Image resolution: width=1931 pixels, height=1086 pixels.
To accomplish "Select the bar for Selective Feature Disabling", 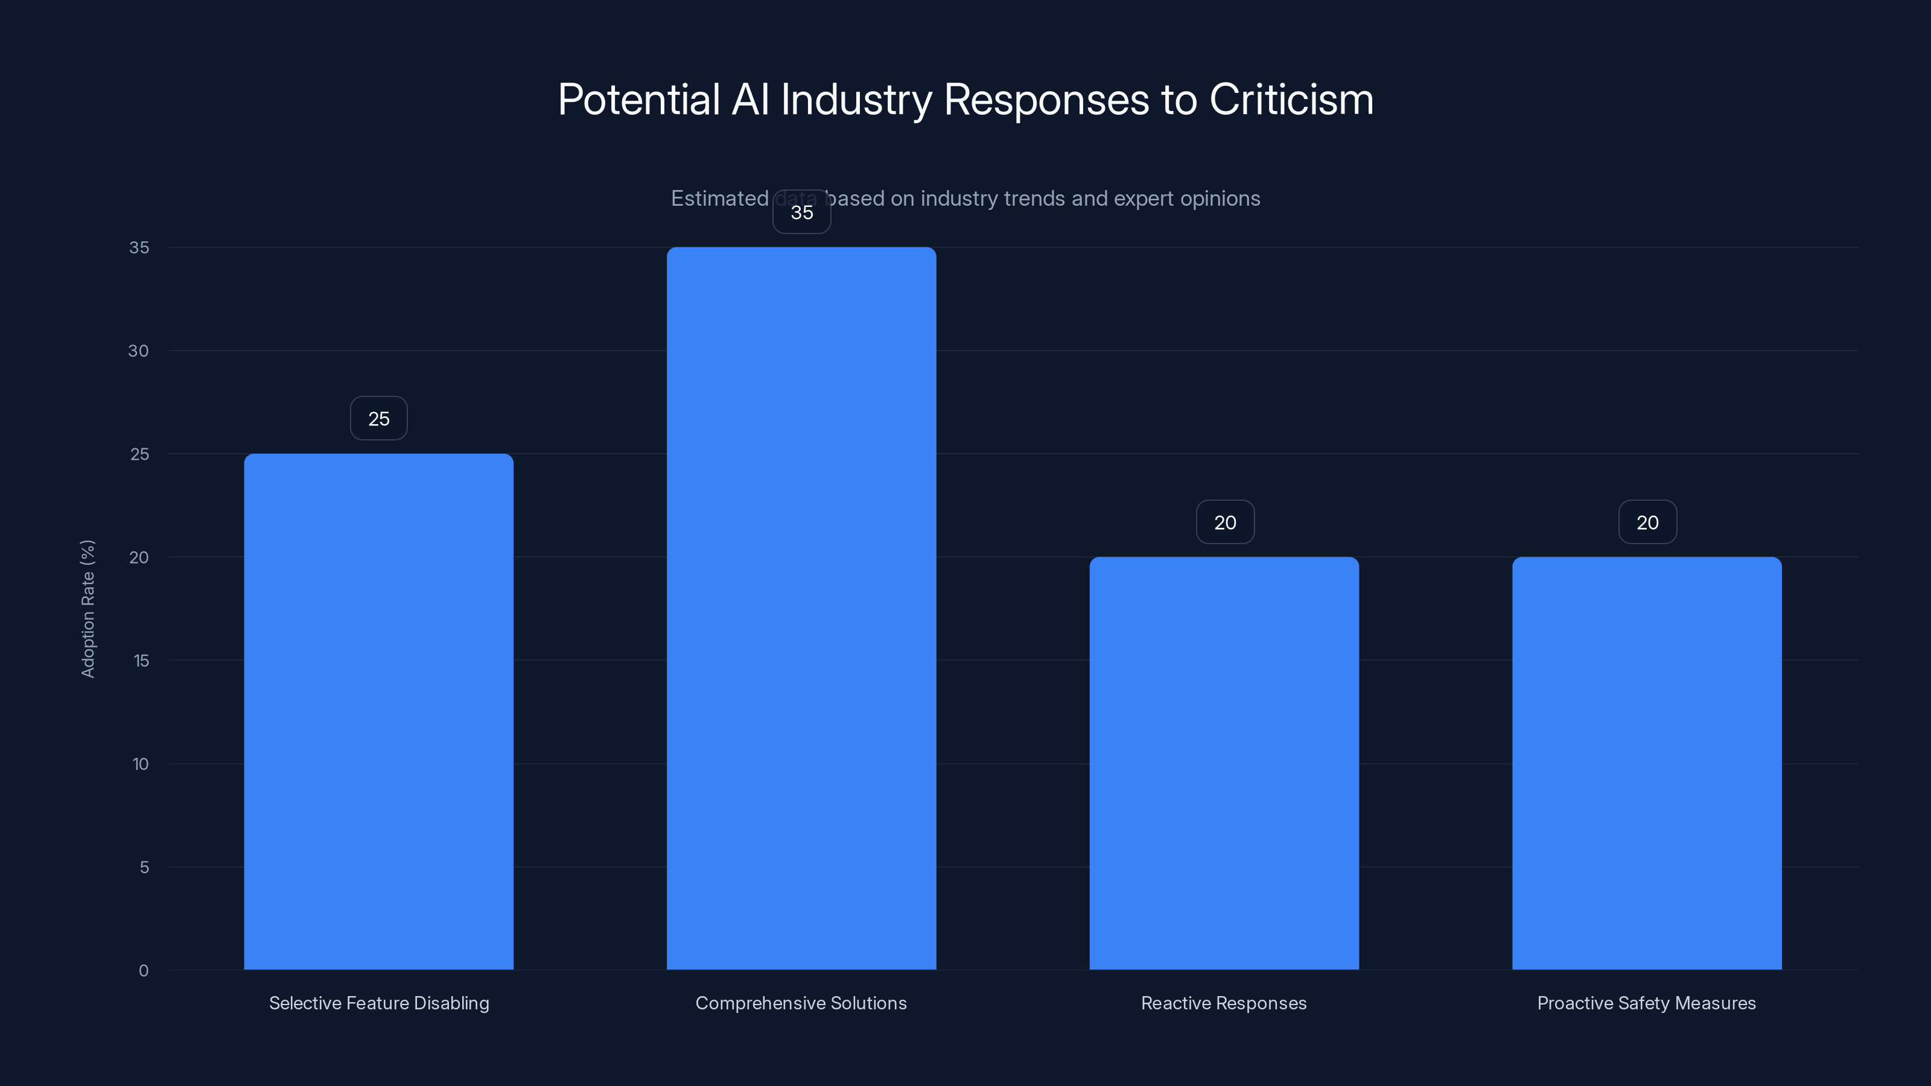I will pos(378,711).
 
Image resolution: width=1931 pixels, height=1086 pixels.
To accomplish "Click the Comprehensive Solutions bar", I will pos(801,608).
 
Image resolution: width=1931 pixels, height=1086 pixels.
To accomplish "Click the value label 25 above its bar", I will pos(378,418).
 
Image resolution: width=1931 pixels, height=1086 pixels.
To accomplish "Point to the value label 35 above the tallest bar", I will pos(801,212).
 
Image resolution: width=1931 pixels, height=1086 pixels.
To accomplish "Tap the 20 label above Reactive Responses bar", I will pos(1225,522).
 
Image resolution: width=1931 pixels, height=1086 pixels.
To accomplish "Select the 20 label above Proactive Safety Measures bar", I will pos(1647,522).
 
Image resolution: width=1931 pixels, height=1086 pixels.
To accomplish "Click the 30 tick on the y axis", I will pos(139,351).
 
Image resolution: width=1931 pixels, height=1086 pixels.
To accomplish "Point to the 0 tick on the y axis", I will pos(143,971).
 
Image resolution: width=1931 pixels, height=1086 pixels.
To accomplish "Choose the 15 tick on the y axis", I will pos(141,660).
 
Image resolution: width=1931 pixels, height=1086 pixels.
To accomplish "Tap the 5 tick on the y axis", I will pos(144,867).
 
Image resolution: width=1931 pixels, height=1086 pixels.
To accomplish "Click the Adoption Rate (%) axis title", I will pos(87,609).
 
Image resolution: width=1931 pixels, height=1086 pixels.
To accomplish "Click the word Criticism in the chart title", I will pos(1291,100).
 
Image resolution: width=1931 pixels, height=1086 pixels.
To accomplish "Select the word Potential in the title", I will pos(638,100).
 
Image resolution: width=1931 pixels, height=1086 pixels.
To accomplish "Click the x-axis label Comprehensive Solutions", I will pos(801,1003).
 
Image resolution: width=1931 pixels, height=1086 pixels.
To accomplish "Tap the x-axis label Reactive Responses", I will pos(1223,1003).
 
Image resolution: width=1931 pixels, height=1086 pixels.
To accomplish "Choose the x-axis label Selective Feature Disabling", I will pos(378,1003).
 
